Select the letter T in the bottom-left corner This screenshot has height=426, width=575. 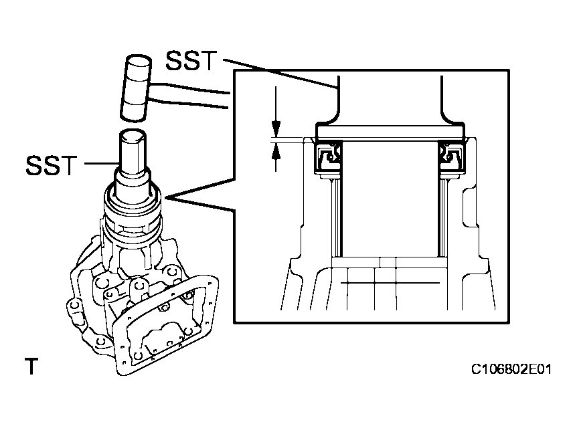pyautogui.click(x=30, y=366)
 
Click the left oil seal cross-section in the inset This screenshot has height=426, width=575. pyautogui.click(x=329, y=158)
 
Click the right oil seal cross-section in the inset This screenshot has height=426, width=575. pyautogui.click(x=451, y=158)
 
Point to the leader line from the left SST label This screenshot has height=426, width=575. pyautogui.click(x=97, y=165)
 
